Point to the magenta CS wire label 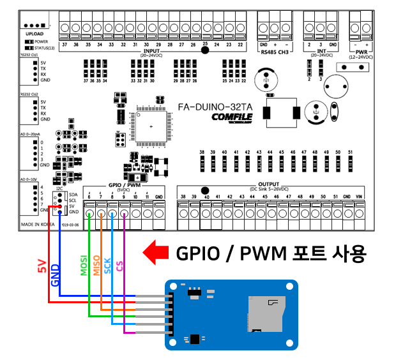(119, 269)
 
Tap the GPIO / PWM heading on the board (124, 184)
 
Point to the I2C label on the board (59, 190)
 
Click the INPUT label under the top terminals (153, 50)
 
